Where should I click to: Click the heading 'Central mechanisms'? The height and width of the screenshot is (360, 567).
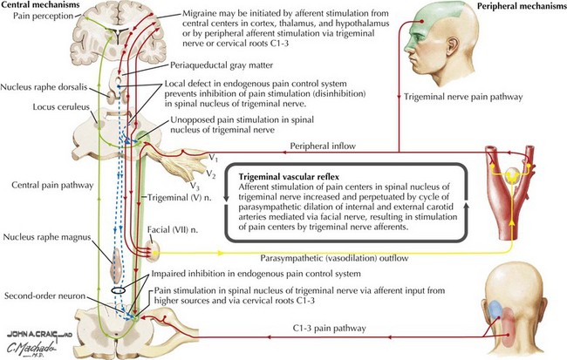[x=40, y=6]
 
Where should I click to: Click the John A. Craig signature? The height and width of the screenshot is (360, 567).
[x=30, y=335]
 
